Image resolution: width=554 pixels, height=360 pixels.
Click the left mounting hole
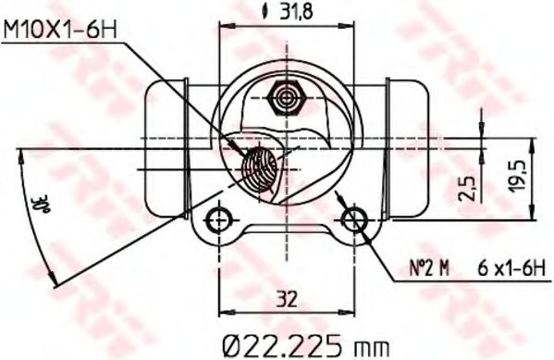pyautogui.click(x=217, y=220)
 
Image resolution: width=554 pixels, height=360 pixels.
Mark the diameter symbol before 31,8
pyautogui.click(x=265, y=13)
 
